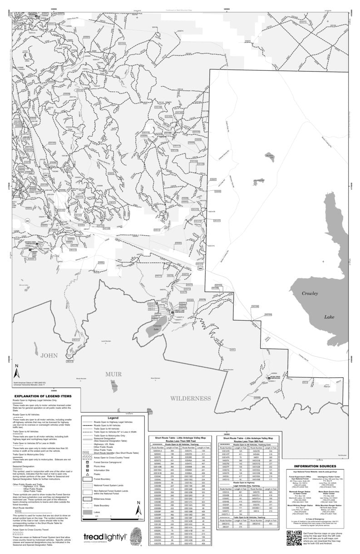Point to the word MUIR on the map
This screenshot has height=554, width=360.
[x=115, y=374]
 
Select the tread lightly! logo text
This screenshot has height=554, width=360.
[x=104, y=537]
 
